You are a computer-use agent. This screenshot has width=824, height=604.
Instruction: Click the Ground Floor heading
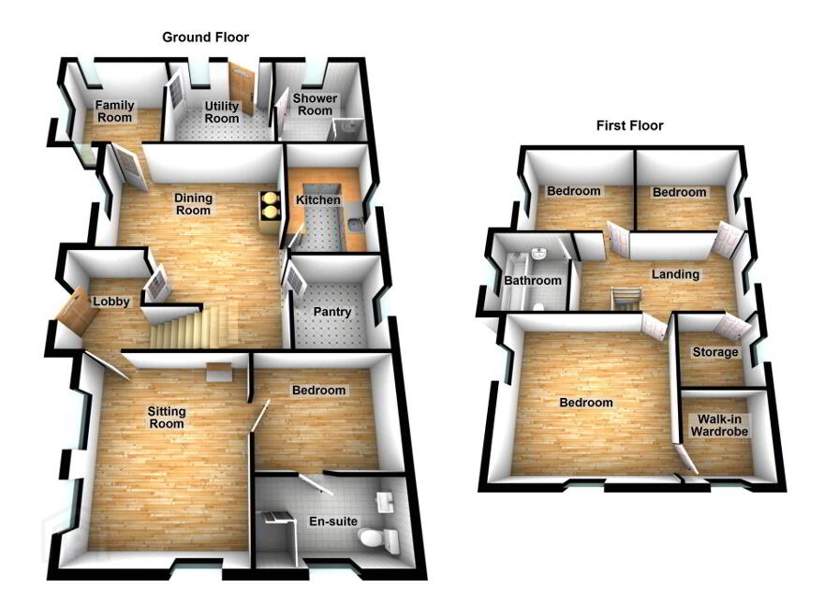click(205, 37)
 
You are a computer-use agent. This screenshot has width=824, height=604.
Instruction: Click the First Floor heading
click(629, 125)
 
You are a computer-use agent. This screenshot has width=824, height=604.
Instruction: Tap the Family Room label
click(114, 111)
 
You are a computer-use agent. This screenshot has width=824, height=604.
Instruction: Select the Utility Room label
click(222, 112)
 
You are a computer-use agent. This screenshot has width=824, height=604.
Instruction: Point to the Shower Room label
click(316, 105)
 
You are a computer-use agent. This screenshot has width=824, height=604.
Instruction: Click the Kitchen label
click(318, 200)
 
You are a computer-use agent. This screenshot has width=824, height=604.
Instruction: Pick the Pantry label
click(332, 312)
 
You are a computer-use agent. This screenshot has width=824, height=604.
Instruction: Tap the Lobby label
click(110, 302)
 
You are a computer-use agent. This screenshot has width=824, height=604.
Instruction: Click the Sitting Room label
click(167, 418)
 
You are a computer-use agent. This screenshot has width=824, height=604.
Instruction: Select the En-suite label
click(333, 522)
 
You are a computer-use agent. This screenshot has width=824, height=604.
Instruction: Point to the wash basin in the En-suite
click(386, 502)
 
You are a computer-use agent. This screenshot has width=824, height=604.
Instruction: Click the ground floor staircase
click(188, 328)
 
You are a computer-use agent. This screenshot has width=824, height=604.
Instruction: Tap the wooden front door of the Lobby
click(78, 312)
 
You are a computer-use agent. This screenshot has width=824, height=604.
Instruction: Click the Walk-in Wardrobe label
click(719, 426)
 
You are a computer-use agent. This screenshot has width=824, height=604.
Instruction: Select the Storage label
click(715, 352)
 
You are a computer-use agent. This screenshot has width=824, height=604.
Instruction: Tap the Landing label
click(675, 274)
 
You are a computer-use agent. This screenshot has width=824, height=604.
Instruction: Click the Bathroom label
click(533, 281)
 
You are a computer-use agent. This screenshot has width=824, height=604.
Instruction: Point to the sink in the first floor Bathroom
click(539, 254)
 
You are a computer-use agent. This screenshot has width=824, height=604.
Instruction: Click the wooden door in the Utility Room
click(242, 88)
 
